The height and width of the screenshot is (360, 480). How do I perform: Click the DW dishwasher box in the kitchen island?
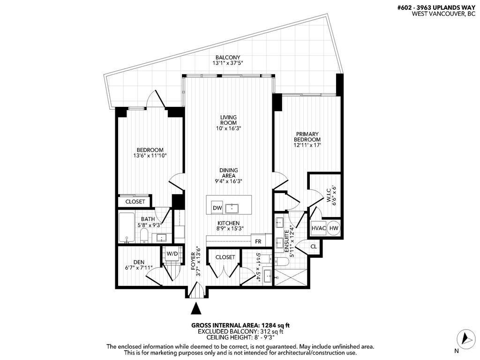217,208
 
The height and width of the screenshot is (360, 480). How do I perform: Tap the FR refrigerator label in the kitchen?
258,241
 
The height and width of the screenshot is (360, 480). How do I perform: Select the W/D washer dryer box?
172,254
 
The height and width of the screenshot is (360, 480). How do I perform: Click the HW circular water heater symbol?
334,228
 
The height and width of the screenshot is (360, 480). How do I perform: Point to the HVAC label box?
318,228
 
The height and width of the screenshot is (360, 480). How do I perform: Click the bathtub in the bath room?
127,228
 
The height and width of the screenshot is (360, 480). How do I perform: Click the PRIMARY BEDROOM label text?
307,136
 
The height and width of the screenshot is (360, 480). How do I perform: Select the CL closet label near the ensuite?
314,247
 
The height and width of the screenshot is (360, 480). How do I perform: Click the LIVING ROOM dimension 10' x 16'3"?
228,128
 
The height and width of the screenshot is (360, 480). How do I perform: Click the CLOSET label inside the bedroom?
135,202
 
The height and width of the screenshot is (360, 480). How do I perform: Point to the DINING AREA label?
228,173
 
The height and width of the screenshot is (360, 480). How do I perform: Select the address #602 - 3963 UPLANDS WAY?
440,7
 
